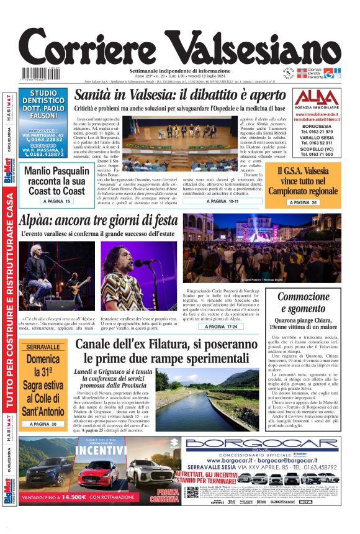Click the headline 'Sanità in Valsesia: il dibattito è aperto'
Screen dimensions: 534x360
click(x=197, y=96)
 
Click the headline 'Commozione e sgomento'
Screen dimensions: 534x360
click(x=303, y=304)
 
